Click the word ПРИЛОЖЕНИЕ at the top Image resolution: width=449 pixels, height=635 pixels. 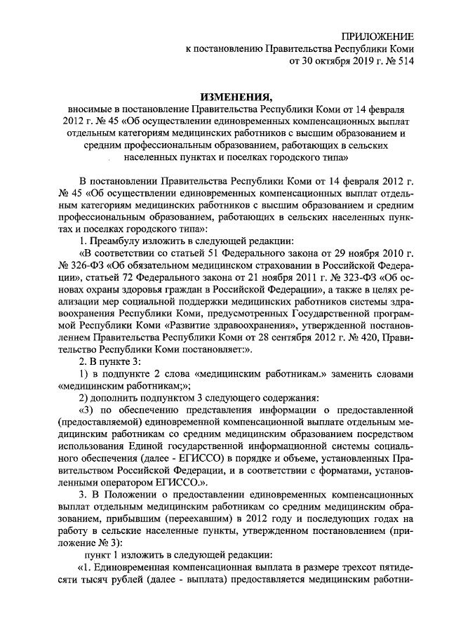[x=377, y=35]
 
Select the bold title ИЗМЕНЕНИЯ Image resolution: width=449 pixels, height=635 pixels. [x=224, y=97]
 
